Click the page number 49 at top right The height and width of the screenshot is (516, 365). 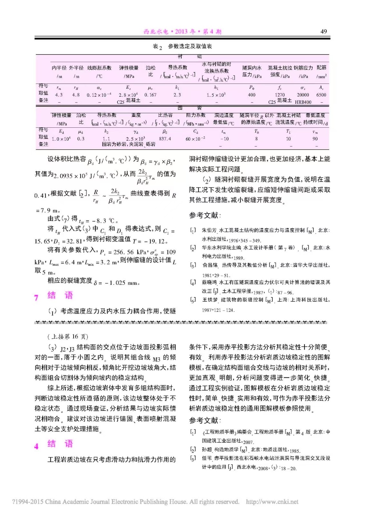323,31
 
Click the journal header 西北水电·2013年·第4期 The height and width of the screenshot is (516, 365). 182,32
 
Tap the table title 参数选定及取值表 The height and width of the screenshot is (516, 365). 190,46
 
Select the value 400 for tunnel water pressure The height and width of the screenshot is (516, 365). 251,95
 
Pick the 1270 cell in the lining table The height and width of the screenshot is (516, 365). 280,95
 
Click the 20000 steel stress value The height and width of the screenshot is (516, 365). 303,95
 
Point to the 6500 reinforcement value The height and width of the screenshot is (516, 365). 321,95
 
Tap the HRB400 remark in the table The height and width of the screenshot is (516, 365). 303,102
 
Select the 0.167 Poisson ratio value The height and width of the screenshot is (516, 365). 150,95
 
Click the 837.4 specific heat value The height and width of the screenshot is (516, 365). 165,139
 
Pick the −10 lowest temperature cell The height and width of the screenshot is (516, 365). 224,139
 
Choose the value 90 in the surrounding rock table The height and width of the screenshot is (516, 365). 315,139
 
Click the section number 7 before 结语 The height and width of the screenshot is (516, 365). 36,297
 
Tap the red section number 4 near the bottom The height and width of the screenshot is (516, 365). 36,446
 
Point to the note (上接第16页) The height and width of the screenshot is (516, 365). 68,337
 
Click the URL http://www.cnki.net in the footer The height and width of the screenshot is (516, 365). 272,502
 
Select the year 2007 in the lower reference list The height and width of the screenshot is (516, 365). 248,442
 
